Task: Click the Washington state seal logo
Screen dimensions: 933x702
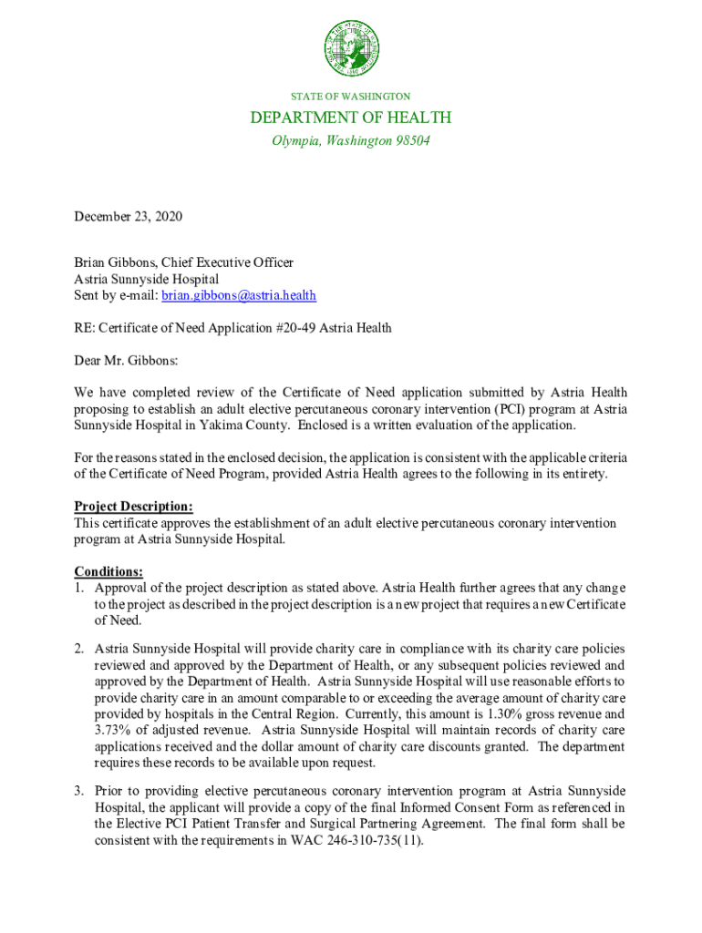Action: tap(350, 48)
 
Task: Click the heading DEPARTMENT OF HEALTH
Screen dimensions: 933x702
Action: tap(351, 118)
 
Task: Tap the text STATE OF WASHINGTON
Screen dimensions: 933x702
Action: tap(350, 96)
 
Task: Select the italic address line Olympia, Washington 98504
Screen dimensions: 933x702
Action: tap(351, 141)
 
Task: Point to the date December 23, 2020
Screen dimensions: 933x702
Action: tap(129, 217)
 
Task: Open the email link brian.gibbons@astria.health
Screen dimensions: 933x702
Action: tap(240, 295)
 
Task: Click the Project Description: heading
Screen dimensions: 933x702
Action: tap(133, 507)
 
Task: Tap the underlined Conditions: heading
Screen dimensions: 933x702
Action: tap(108, 571)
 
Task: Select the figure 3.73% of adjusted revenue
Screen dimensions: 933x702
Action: tap(113, 730)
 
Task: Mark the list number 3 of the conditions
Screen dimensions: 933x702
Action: tap(79, 791)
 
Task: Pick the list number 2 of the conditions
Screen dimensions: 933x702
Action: tap(79, 649)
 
